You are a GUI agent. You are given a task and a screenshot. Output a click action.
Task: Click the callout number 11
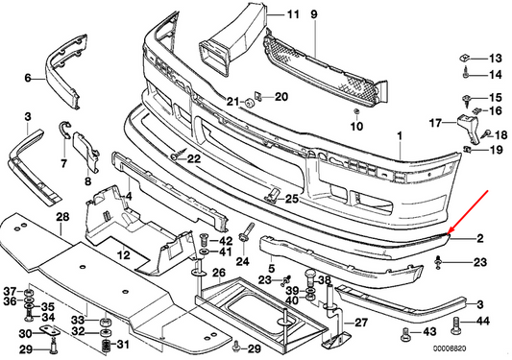293,14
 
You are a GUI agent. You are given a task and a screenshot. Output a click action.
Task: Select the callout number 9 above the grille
314,14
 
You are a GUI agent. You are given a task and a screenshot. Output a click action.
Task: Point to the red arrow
467,212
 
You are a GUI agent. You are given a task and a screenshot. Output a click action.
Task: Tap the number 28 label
62,217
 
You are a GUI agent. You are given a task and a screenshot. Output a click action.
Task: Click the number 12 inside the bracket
124,254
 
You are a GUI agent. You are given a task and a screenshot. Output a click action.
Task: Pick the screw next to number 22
179,154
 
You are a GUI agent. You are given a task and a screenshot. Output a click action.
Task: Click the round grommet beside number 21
250,102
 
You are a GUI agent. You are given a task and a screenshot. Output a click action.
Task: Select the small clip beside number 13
464,59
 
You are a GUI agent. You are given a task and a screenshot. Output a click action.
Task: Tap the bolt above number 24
247,232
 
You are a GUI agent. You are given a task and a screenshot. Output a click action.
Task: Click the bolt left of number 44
456,325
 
